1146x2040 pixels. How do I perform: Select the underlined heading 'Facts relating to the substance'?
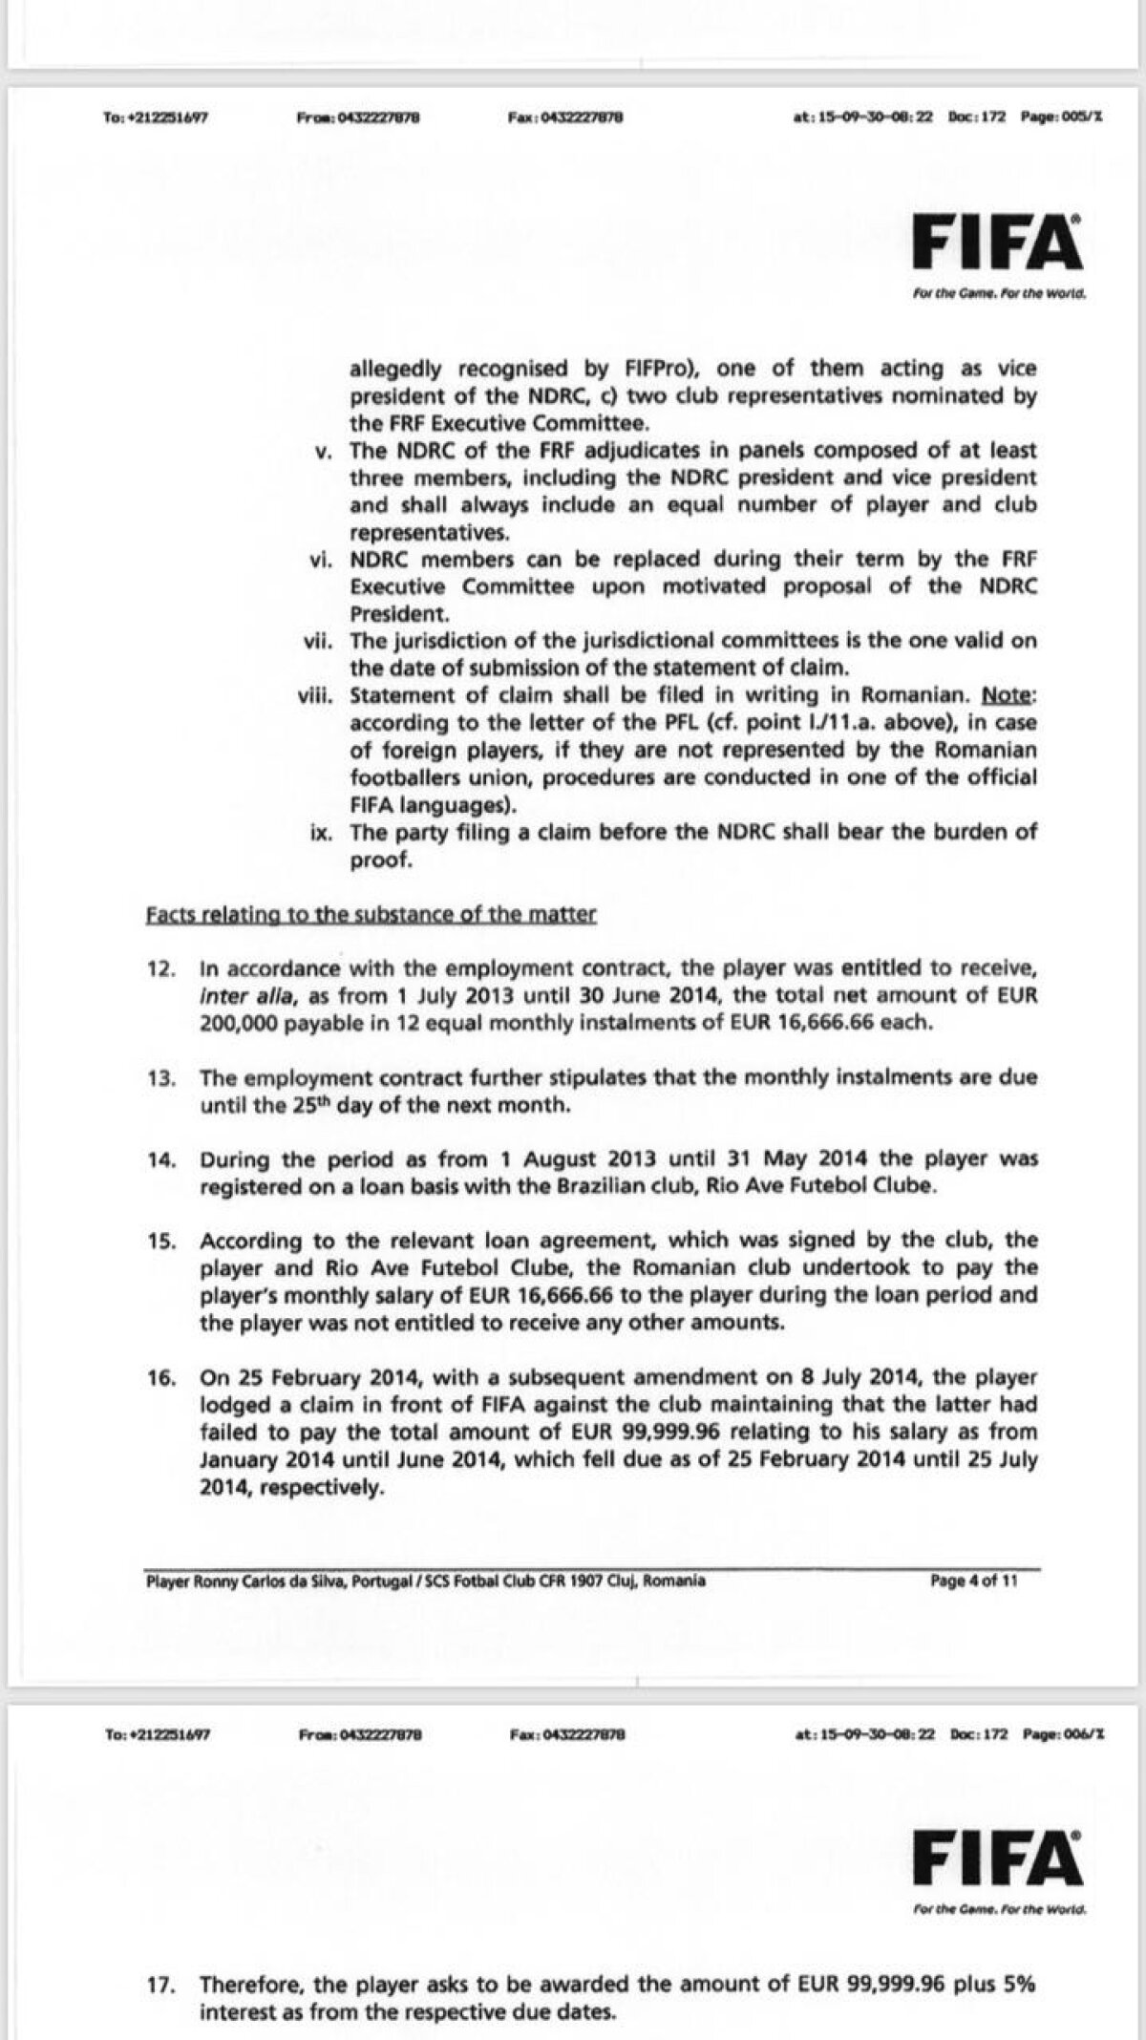(371, 915)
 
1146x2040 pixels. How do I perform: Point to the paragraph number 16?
(159, 1378)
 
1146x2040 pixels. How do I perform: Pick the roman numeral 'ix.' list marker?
(321, 832)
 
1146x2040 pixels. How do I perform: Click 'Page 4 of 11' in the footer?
(974, 1581)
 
